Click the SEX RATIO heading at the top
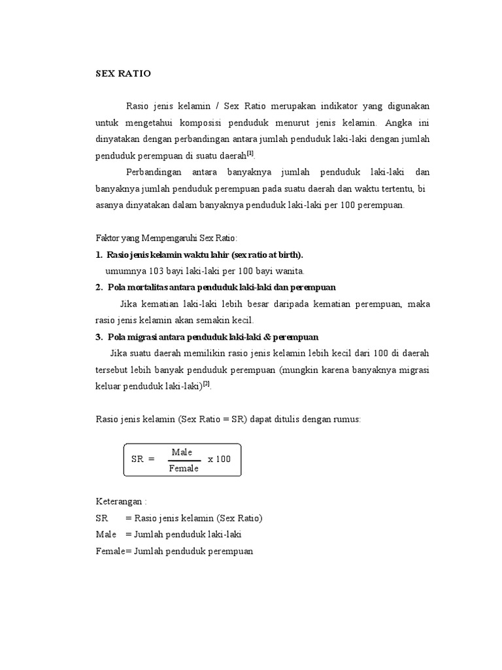(123, 73)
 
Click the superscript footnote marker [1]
(250, 153)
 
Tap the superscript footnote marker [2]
(207, 383)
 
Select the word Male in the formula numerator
(182, 452)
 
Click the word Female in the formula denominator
(183, 468)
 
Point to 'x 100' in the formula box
(220, 459)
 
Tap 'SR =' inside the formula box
(142, 459)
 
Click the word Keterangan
(118, 501)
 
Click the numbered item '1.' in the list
(99, 255)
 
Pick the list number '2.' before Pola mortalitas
(99, 287)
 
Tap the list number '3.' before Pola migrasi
(99, 336)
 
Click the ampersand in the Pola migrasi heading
(275, 336)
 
